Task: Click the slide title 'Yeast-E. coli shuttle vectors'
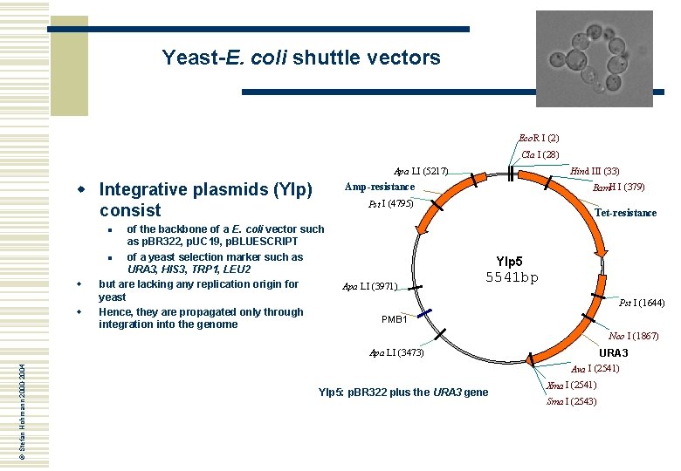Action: (x=301, y=58)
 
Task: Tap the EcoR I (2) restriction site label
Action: (x=539, y=138)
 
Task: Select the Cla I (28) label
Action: (x=540, y=154)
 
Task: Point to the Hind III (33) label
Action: (x=595, y=172)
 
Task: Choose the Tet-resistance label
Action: (x=625, y=213)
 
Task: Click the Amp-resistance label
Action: (x=380, y=188)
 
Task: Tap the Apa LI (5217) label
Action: (x=421, y=172)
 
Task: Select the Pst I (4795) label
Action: (x=390, y=205)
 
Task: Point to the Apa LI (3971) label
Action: (x=370, y=286)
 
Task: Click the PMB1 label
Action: (x=395, y=319)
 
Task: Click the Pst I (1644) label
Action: (x=642, y=303)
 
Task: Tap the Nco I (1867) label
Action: (x=634, y=336)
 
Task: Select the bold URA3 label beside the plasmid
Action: (x=613, y=353)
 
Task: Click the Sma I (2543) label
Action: (x=572, y=401)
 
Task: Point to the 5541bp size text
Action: (x=512, y=277)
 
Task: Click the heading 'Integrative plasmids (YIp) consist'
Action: (x=206, y=200)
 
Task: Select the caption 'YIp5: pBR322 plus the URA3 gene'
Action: (x=405, y=392)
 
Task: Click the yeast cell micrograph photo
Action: (x=595, y=58)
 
